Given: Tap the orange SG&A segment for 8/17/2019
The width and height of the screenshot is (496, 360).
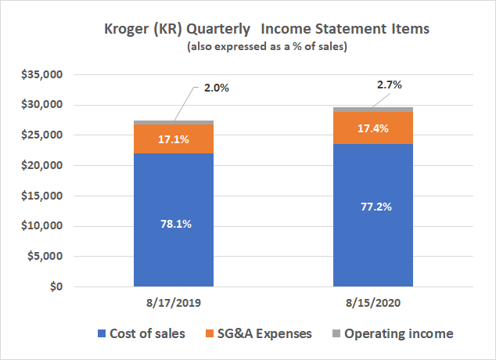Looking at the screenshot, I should pyautogui.click(x=174, y=139).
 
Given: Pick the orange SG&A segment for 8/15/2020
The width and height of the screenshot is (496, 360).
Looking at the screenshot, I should pyautogui.click(x=373, y=128).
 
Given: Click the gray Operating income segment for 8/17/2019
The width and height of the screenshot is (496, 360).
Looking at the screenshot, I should pyautogui.click(x=174, y=123).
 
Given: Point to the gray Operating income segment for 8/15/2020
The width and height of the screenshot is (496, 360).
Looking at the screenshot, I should pyautogui.click(x=373, y=110).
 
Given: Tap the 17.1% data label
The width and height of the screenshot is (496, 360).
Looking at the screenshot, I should pyautogui.click(x=174, y=139).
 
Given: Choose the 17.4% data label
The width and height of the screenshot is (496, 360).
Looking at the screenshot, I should pyautogui.click(x=373, y=128).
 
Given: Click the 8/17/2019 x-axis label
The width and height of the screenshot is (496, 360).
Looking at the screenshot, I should pyautogui.click(x=174, y=302).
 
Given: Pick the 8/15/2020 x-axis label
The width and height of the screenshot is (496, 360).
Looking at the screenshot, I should pyautogui.click(x=373, y=302).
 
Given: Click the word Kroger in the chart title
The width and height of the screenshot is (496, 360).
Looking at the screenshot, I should pyautogui.click(x=126, y=30).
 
